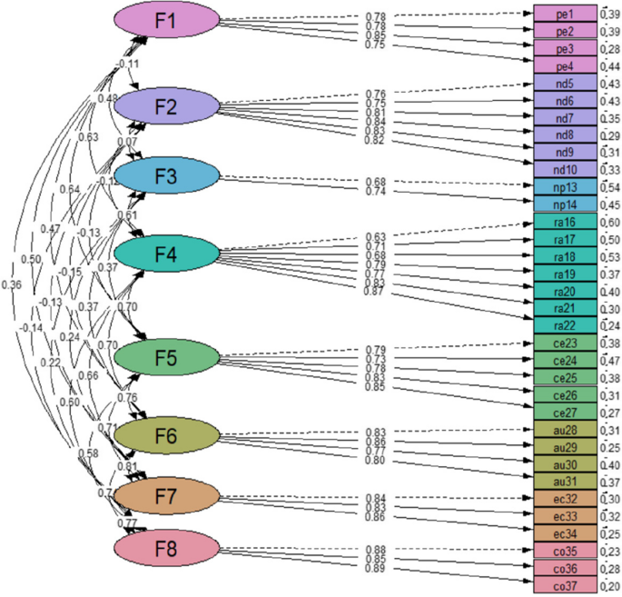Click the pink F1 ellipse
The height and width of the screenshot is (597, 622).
[166, 22]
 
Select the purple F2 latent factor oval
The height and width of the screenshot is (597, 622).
[166, 106]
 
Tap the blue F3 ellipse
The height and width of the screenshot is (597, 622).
[166, 176]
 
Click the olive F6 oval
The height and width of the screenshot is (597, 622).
[166, 436]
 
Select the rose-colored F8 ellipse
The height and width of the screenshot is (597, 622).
[166, 548]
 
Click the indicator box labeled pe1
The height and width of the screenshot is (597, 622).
[565, 15]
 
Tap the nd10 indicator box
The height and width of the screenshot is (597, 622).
[565, 169]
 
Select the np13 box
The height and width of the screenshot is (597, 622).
[565, 186]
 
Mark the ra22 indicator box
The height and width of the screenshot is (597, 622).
[565, 325]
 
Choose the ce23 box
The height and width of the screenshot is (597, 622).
[565, 343]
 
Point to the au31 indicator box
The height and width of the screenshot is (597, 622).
[565, 481]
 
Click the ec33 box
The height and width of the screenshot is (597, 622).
[565, 515]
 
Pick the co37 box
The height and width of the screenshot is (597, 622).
[565, 584]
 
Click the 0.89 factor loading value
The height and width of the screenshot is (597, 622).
[375, 569]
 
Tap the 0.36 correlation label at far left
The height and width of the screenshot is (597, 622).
[12, 285]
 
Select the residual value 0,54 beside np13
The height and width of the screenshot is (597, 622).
[610, 186]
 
